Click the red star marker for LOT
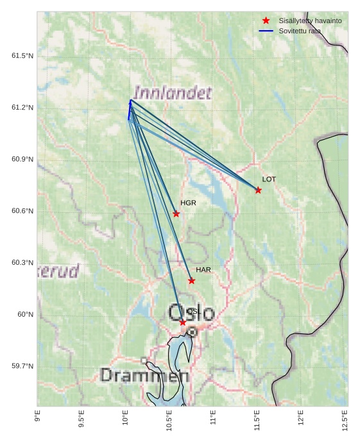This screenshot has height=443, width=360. pos(258,190)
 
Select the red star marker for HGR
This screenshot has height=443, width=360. pos(176,213)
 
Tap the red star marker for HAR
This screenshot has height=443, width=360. pos(191,281)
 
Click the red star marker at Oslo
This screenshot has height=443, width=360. pos(183,322)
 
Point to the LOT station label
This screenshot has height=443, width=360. pos(269,180)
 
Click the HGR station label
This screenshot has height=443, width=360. pos(188,203)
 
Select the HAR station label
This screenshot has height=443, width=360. pos(203,270)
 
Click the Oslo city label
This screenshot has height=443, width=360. pos(191,313)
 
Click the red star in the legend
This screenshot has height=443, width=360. pos(266,21)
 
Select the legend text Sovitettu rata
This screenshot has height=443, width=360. pos(300,31)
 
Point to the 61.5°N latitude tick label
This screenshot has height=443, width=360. pos(22,56)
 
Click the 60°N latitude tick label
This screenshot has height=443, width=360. pos(24,314)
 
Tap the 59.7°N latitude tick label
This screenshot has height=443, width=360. pos(22,366)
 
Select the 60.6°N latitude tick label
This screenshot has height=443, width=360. pos(22,211)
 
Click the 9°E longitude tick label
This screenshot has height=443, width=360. pos(37,417)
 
